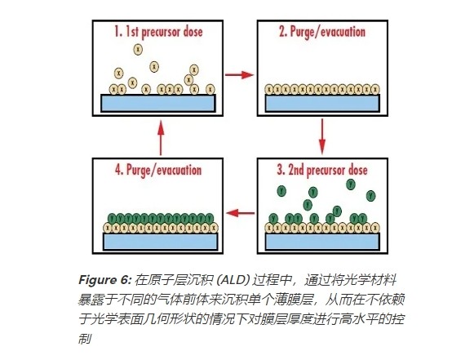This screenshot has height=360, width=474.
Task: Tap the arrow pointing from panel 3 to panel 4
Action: (238, 214)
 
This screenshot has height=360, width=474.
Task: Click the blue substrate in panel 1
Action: (158, 103)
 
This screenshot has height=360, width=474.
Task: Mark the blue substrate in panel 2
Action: (322, 103)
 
